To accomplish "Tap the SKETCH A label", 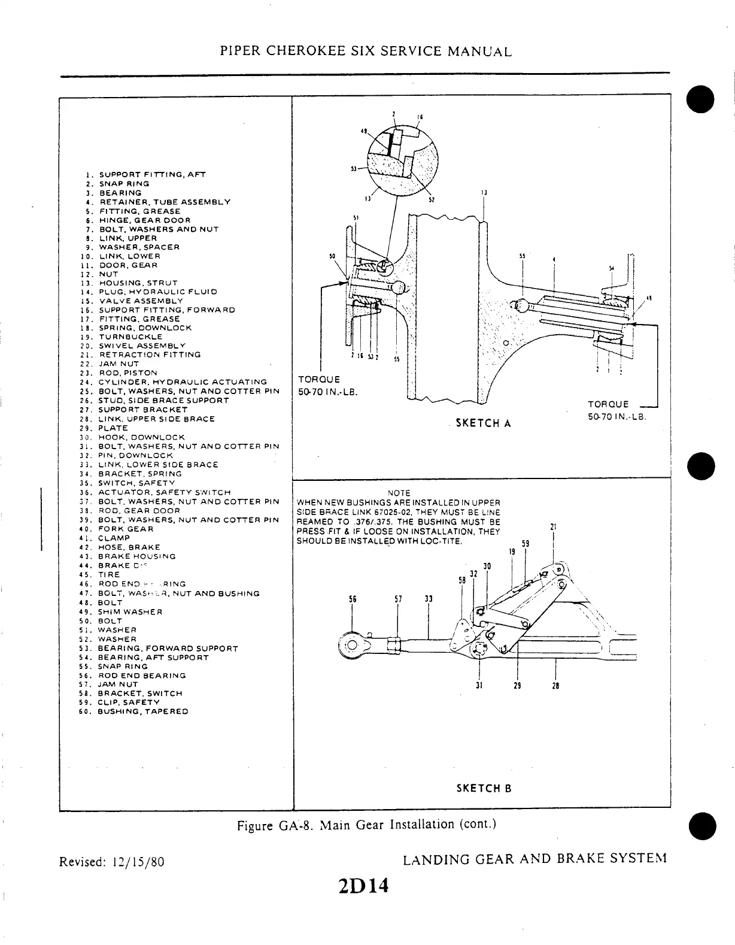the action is point(483,423).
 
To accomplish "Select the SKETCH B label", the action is point(484,788).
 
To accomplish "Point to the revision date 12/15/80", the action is point(136,862).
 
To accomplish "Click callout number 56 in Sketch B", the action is point(352,599).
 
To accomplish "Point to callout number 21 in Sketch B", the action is point(554,527).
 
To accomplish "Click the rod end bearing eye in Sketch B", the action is point(352,645).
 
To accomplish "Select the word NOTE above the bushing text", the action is point(399,493).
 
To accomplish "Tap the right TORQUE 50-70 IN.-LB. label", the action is point(616,410).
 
